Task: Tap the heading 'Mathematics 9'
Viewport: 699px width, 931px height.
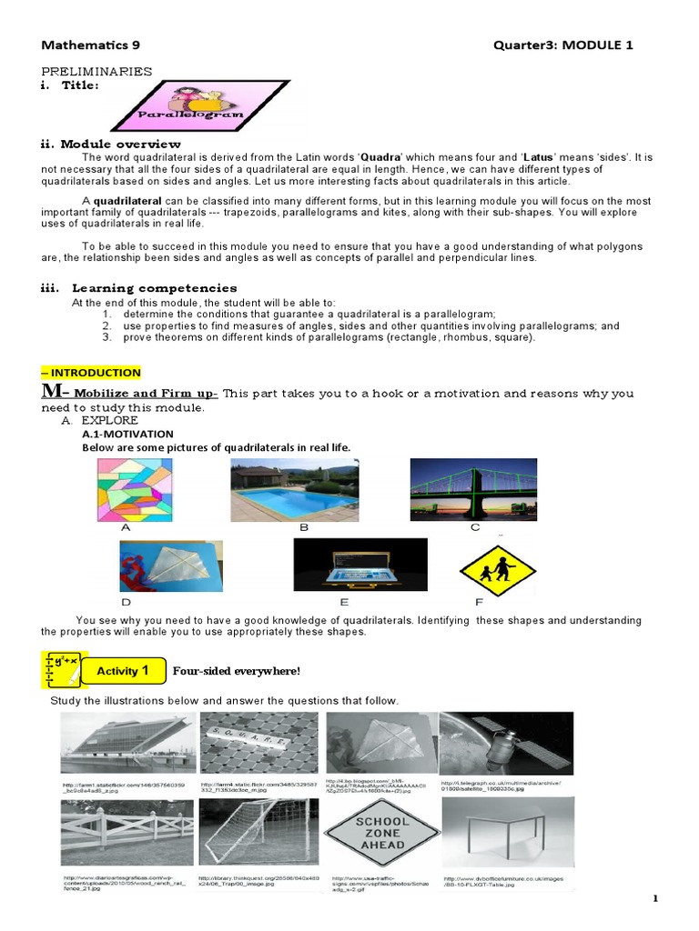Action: [x=91, y=45]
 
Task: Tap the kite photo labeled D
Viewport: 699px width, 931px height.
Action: [x=171, y=566]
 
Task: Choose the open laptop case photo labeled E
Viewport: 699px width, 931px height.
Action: [x=360, y=565]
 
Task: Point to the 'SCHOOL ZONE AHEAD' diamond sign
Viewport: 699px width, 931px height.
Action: [x=381, y=833]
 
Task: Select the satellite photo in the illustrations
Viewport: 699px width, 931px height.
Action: [x=506, y=742]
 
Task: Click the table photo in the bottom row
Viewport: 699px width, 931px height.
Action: [x=507, y=834]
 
